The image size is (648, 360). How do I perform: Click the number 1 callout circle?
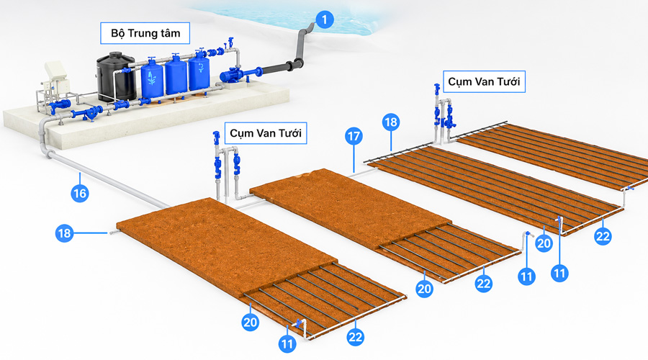click(325, 19)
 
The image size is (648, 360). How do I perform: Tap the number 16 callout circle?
click(80, 193)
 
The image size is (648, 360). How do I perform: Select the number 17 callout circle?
click(354, 136)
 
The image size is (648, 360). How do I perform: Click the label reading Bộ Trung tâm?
click(145, 33)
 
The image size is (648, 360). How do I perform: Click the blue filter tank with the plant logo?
click(152, 78)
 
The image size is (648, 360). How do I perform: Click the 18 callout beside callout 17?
click(390, 122)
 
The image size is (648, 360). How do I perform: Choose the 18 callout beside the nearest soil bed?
click(65, 233)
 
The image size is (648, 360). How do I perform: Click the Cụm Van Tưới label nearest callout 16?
click(265, 133)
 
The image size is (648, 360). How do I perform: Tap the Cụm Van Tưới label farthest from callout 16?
click(484, 81)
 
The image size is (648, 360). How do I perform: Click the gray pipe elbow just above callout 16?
click(48, 154)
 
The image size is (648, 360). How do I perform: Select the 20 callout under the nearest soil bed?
click(251, 322)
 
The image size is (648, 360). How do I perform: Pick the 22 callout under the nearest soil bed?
click(355, 337)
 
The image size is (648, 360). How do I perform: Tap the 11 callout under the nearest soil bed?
click(287, 344)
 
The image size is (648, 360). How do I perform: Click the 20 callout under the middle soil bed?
click(424, 289)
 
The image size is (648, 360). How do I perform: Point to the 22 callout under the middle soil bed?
click(484, 284)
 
